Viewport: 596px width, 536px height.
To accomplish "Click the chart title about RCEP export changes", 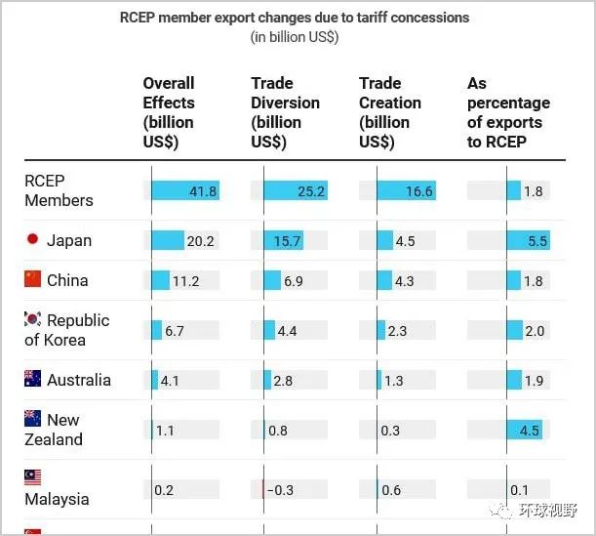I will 294,18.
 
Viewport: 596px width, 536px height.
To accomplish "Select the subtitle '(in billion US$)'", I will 294,37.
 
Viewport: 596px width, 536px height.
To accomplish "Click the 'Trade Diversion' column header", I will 285,112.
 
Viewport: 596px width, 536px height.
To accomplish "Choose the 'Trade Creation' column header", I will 389,112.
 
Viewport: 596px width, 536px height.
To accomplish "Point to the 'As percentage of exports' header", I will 508,112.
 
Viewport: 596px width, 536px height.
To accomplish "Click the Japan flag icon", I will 32,240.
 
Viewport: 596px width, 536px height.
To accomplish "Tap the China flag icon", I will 33,280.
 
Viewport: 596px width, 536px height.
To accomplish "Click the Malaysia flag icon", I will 33,478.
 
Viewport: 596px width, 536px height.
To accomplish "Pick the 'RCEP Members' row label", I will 59,190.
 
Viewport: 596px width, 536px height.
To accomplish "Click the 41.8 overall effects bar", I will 185,191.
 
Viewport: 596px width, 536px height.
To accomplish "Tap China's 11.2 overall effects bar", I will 161,281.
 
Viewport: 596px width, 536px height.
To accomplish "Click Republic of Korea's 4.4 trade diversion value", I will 286,331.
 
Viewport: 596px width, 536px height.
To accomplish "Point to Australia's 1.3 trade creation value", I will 393,381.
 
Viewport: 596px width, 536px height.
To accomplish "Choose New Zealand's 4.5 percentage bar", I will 524,430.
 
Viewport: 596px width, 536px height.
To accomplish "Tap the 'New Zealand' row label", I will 59,430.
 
